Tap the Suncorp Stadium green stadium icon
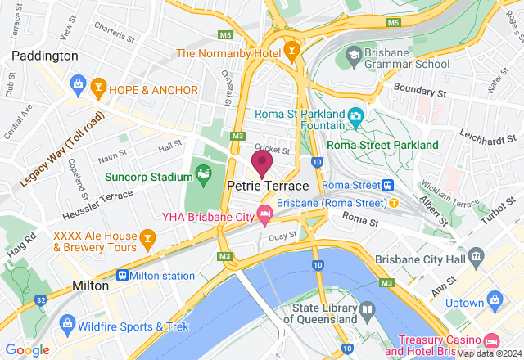click(202, 173)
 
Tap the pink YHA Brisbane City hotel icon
click(264, 216)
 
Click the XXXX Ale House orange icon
click(147, 240)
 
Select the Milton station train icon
click(123, 276)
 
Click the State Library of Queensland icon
click(366, 311)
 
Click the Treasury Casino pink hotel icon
click(490, 340)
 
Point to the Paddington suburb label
click(45, 56)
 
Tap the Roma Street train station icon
click(388, 185)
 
